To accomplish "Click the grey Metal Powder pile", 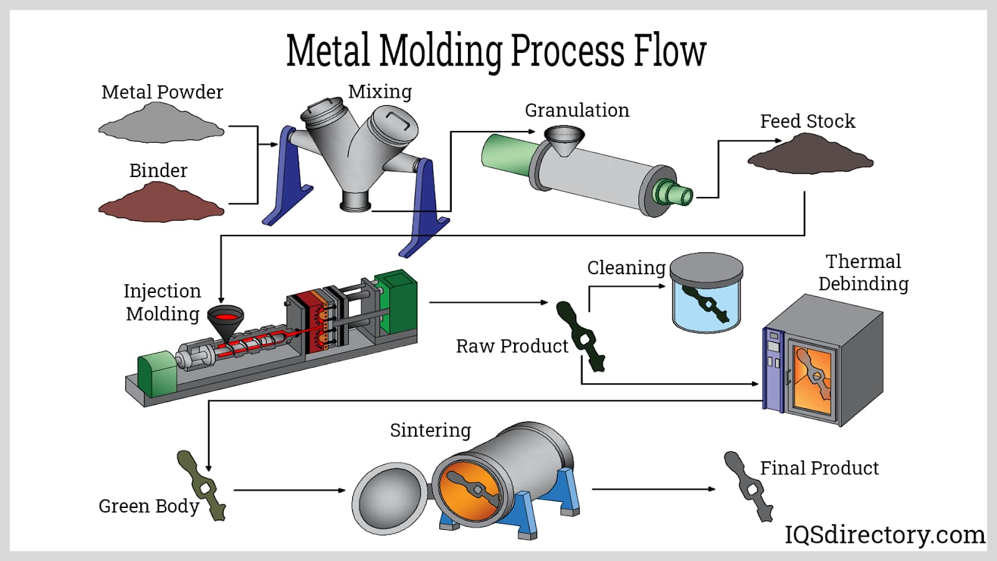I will pyautogui.click(x=161, y=124).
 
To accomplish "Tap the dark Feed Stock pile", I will pyautogui.click(x=810, y=155).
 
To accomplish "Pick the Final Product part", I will pyautogui.click(x=748, y=486).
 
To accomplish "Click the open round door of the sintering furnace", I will pyautogui.click(x=389, y=499).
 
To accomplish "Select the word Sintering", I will pyautogui.click(x=430, y=430).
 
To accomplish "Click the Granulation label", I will pyautogui.click(x=576, y=110).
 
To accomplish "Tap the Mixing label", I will pyautogui.click(x=379, y=92).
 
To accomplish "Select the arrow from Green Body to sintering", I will pyautogui.click(x=289, y=491).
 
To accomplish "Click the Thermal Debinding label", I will pyautogui.click(x=863, y=272).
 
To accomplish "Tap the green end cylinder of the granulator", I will pyautogui.click(x=502, y=153).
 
